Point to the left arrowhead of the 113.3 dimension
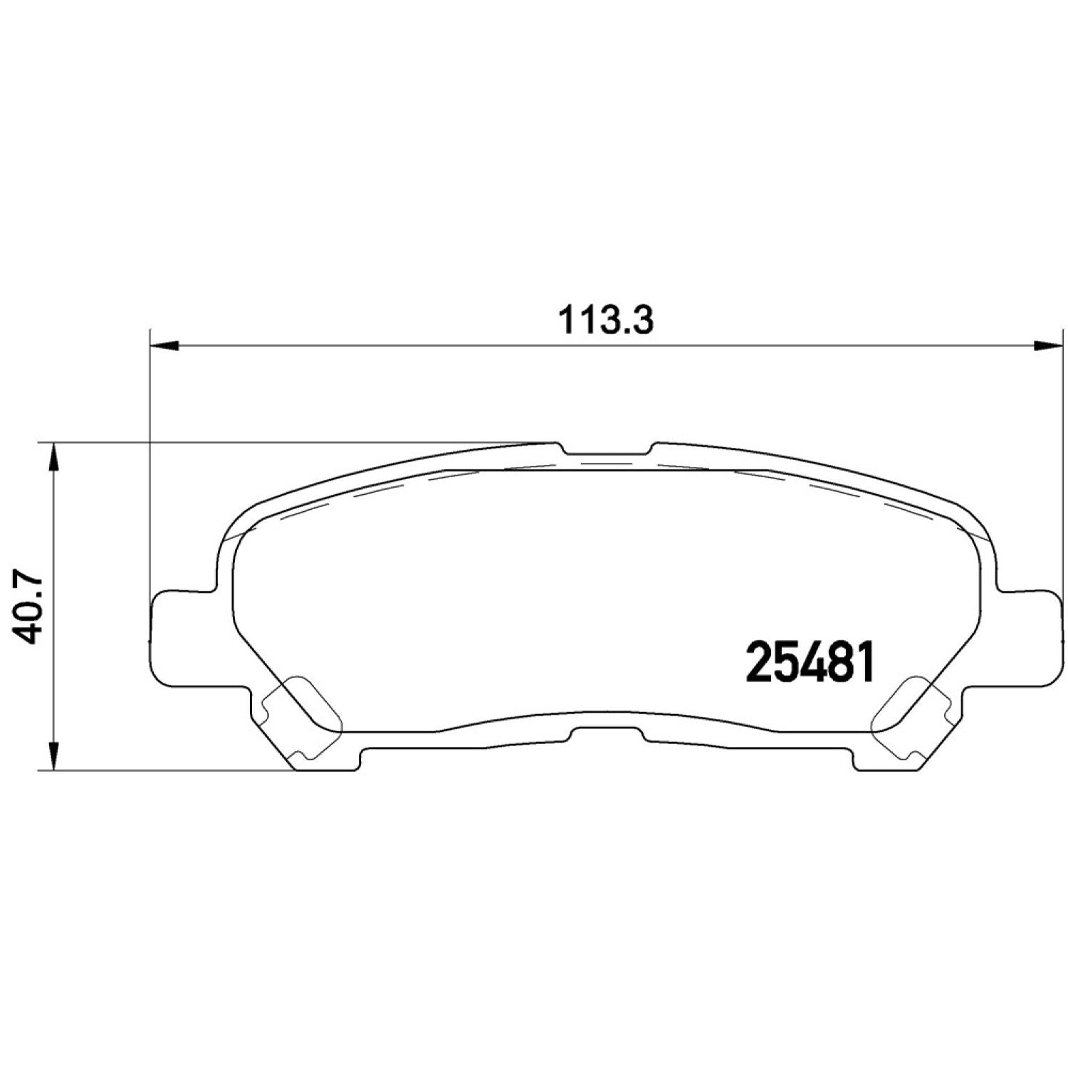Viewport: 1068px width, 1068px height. [164, 346]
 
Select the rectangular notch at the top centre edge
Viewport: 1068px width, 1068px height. [606, 449]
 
